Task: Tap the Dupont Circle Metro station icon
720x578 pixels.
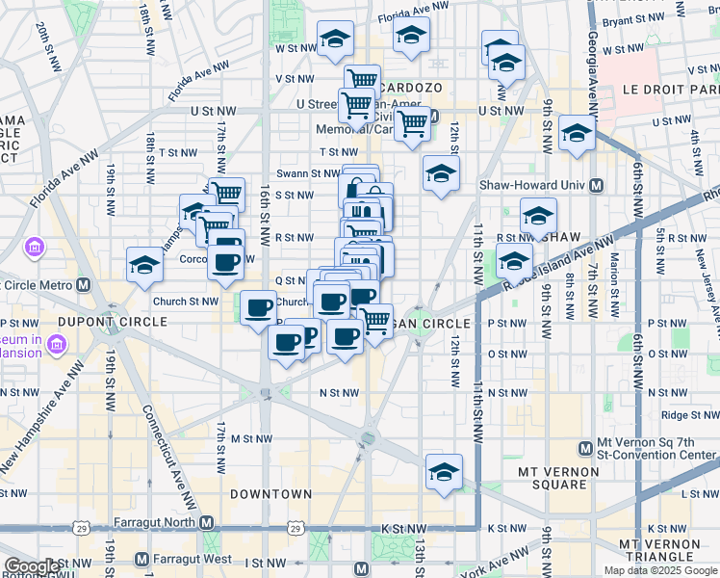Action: pos(85,285)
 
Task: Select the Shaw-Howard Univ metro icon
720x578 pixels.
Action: pos(596,186)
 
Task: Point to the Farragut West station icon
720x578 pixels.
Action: pos(142,559)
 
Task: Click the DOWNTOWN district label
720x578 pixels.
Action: pos(270,494)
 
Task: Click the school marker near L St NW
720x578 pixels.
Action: pos(444,473)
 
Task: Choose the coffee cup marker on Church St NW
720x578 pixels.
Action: pos(257,308)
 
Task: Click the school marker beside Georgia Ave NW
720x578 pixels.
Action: pos(577,134)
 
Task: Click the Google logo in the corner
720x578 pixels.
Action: pos(31,566)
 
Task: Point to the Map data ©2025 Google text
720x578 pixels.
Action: pos(659,570)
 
